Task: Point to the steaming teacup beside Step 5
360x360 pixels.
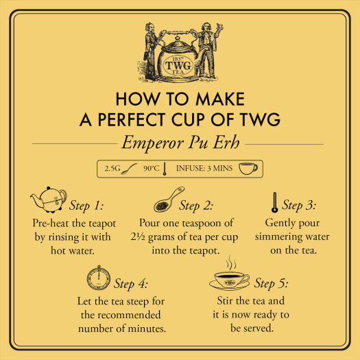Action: click(x=232, y=278)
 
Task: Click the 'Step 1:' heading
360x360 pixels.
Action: click(x=87, y=205)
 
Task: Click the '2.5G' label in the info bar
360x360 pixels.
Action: click(x=112, y=168)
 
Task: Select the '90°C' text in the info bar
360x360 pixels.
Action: click(x=152, y=168)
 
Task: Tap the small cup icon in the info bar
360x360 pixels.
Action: click(x=248, y=168)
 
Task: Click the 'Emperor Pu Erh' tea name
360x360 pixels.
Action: click(x=179, y=144)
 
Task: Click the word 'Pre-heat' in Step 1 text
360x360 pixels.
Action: click(x=53, y=224)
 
